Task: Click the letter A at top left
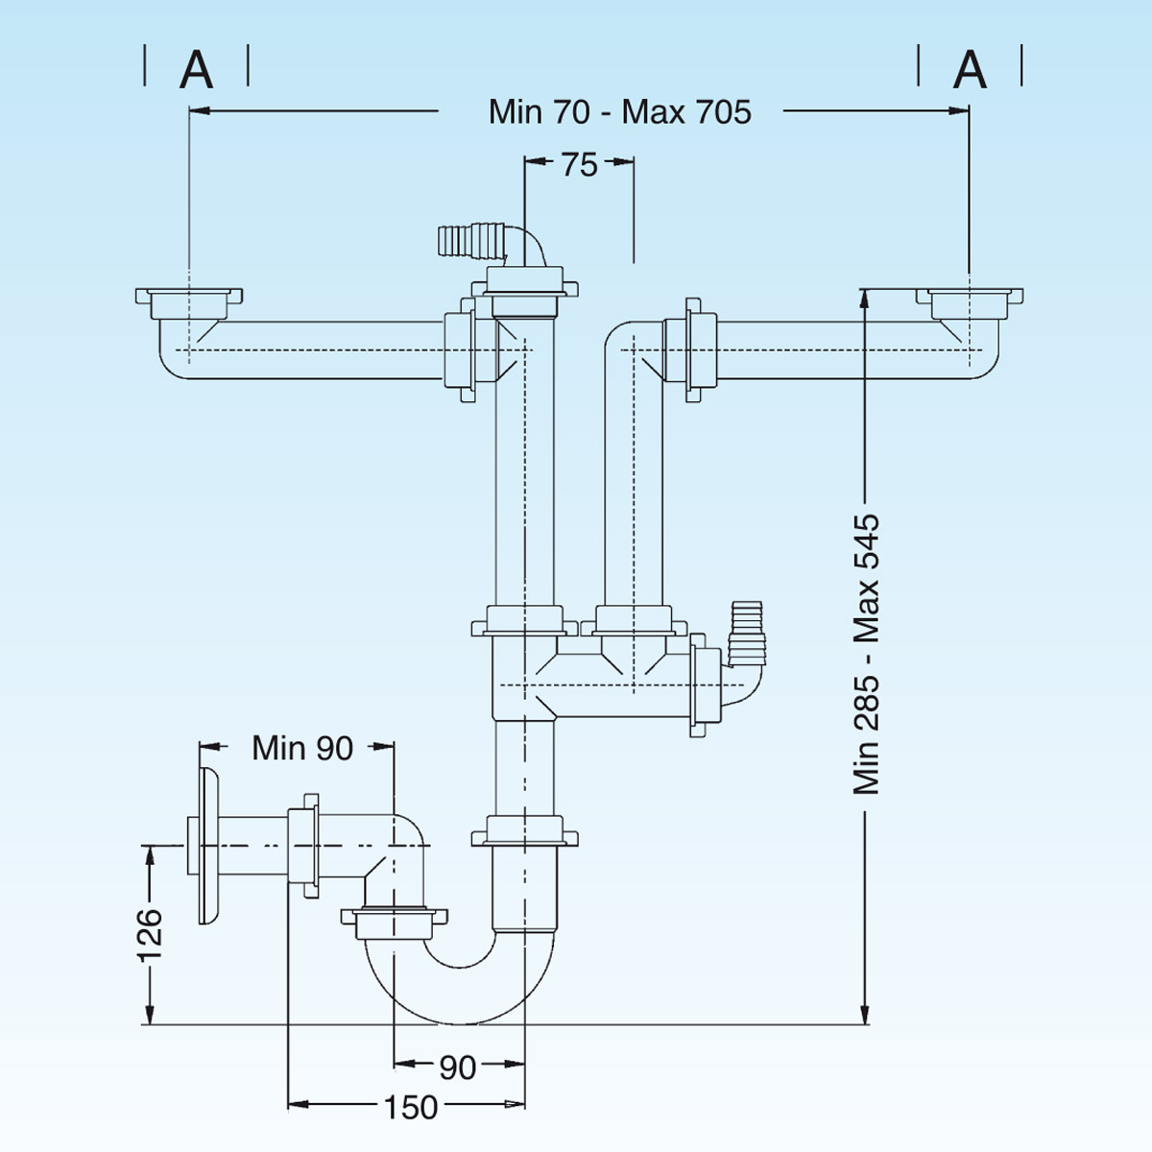coord(197,69)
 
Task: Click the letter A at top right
coord(970,69)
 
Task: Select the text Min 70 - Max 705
coord(619,111)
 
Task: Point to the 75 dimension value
coord(579,164)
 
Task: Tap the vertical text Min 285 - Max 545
coord(867,653)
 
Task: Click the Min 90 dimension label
coord(302,747)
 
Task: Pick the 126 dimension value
coord(150,933)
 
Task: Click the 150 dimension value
coord(411,1107)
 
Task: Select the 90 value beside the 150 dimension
coord(457,1067)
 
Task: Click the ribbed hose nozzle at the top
coord(470,240)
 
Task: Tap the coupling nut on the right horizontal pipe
coord(699,350)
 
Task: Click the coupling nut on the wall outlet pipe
coord(305,845)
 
